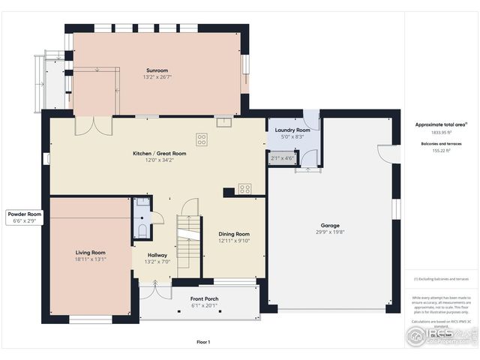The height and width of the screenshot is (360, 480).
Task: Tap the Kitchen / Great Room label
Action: (x=159, y=153)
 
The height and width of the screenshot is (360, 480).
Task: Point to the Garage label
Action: (x=331, y=225)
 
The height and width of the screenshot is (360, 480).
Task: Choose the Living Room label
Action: (x=90, y=253)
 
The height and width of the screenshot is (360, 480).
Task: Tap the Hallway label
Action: (x=157, y=255)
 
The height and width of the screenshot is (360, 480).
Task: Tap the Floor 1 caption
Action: (x=203, y=342)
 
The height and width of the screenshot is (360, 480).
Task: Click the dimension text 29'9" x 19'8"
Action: (x=331, y=232)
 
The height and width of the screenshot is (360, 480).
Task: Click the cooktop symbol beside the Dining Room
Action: (x=244, y=189)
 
